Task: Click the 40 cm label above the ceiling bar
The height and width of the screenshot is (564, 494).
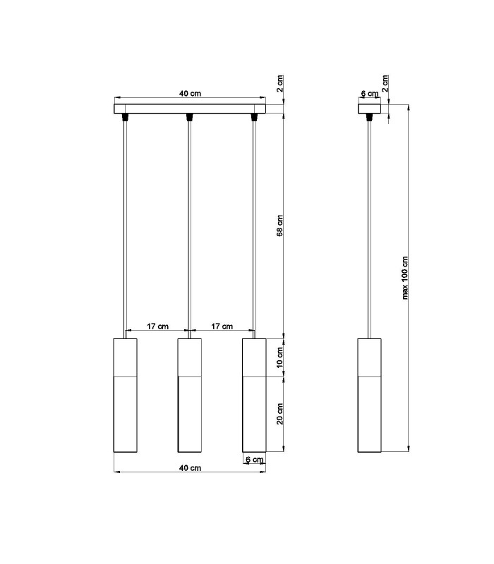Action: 190,94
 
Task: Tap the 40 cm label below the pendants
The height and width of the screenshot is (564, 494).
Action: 190,468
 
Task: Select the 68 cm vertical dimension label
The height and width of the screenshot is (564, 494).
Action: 280,226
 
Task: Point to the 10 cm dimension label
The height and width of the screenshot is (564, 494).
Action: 280,357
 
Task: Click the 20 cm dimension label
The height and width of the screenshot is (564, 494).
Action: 280,414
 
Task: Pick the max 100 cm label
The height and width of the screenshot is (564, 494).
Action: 405,278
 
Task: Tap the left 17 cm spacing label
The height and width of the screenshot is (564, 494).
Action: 157,326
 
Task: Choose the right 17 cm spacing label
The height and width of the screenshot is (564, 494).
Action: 222,326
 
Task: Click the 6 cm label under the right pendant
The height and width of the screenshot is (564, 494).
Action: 255,460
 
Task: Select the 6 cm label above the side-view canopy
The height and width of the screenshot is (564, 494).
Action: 370,94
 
